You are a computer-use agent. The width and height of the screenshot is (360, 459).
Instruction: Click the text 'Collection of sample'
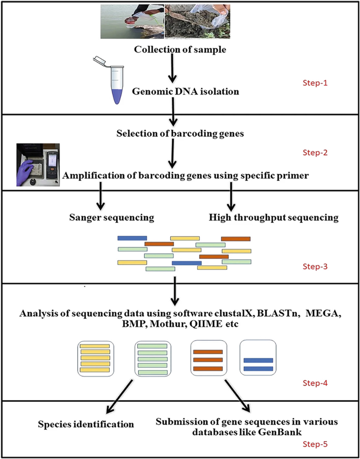pos(180,49)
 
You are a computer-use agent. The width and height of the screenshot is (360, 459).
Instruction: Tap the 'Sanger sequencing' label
pos(116,218)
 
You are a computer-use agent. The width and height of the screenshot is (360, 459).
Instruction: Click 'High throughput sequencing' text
pos(274,218)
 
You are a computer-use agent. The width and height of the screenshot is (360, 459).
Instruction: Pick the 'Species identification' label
pos(86,424)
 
